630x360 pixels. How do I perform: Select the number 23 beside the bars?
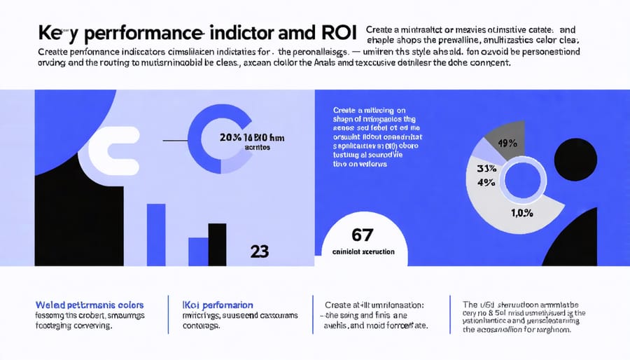(x=259, y=251)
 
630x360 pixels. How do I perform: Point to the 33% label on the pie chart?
(x=486, y=169)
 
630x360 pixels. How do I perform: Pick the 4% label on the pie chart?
(x=485, y=184)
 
